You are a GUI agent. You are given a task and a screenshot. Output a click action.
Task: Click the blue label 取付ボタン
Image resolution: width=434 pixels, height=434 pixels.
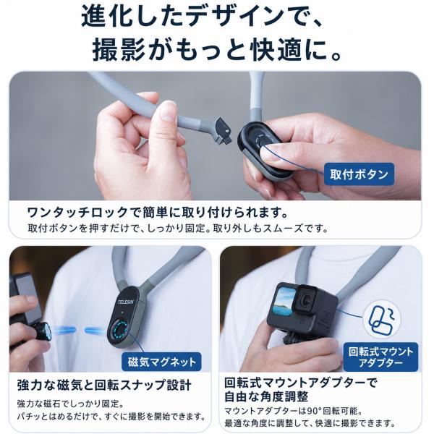pyautogui.click(x=359, y=174)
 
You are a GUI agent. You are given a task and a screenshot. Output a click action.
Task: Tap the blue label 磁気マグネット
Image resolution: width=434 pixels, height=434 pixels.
pyautogui.click(x=161, y=362)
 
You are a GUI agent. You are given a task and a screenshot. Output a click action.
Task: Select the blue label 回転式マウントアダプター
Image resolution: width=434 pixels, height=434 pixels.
pyautogui.click(x=380, y=357)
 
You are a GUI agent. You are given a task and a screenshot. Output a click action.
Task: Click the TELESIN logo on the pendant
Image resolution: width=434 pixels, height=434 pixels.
pyautogui.click(x=126, y=302)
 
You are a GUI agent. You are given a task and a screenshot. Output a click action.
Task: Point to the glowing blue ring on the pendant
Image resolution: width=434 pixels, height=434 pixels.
pyautogui.click(x=120, y=329)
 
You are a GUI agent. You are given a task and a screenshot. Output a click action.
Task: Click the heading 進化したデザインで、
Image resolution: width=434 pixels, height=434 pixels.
pyautogui.click(x=202, y=17)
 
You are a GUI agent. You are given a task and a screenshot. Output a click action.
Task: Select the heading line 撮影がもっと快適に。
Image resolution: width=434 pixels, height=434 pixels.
pyautogui.click(x=217, y=49)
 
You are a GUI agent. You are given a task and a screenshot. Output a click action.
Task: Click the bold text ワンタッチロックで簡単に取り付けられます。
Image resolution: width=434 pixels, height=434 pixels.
pyautogui.click(x=158, y=212)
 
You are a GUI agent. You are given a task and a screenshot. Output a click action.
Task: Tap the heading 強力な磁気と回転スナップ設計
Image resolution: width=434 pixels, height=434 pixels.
pyautogui.click(x=104, y=385)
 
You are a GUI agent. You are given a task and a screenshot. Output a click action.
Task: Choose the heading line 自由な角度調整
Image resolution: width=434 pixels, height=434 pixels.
pyautogui.click(x=266, y=396)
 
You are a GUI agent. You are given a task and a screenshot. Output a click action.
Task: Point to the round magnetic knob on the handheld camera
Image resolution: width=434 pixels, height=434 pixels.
pyautogui.click(x=43, y=331)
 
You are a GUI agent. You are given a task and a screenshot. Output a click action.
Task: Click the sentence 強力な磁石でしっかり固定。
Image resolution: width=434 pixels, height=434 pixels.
pyautogui.click(x=70, y=404)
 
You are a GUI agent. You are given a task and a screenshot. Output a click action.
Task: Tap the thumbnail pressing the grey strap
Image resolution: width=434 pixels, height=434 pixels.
pyautogui.click(x=167, y=111)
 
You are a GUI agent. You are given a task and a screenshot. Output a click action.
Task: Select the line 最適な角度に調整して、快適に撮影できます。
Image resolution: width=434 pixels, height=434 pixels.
pyautogui.click(x=310, y=423)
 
